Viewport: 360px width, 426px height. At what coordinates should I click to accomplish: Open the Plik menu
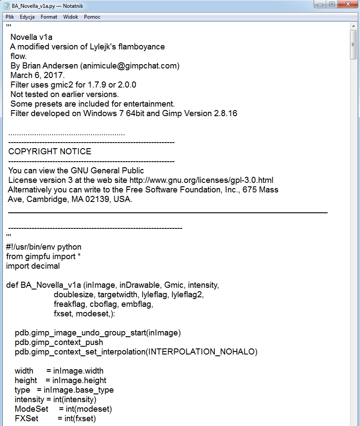click(x=10, y=17)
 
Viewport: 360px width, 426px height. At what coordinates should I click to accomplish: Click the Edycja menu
click(x=27, y=17)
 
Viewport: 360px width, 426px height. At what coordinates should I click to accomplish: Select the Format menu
click(x=49, y=17)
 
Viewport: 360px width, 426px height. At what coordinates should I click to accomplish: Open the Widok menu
click(x=71, y=17)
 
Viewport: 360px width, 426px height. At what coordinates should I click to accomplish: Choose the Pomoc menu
click(x=92, y=17)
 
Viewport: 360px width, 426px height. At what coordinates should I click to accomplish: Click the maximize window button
click(x=332, y=4)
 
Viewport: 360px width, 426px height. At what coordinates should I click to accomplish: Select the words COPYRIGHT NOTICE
click(x=50, y=152)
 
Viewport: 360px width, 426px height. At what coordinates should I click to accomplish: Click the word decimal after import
click(x=45, y=266)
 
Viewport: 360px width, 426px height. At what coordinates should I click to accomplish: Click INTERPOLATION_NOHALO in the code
click(x=203, y=352)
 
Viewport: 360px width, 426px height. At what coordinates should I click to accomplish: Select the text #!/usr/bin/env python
click(x=44, y=247)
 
